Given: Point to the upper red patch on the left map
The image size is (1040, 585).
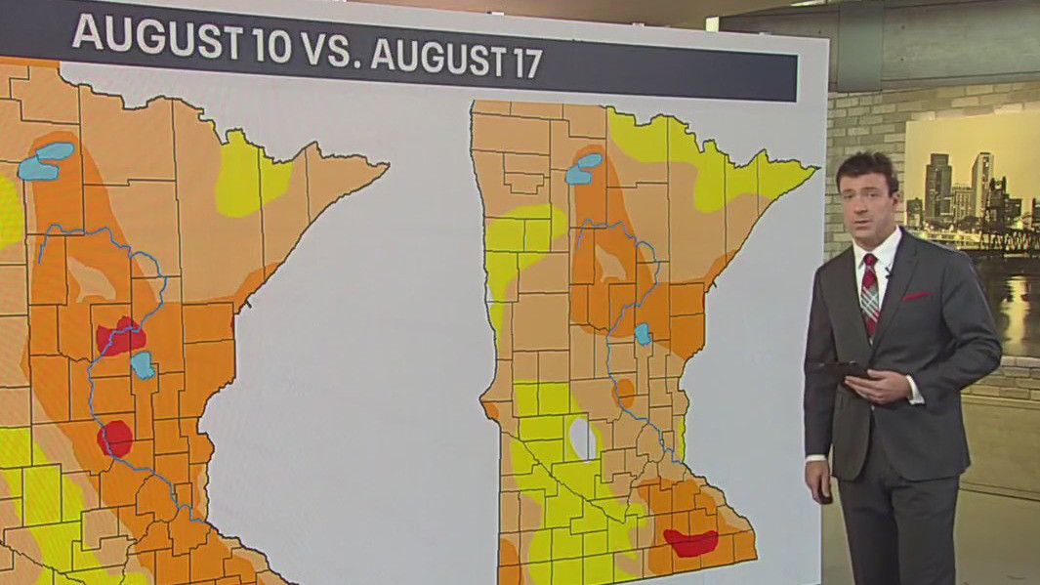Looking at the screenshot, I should (120, 335).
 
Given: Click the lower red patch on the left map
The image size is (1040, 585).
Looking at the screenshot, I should (115, 439).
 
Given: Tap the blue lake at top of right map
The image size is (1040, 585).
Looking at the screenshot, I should (584, 168).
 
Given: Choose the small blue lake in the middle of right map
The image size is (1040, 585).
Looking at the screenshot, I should (643, 334).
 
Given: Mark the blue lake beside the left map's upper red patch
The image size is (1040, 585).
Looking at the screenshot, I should (143, 365).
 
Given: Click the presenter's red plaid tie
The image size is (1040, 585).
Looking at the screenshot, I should (869, 293).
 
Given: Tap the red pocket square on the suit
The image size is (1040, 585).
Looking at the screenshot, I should (915, 294).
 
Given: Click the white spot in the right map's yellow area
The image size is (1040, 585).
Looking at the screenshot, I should (583, 439).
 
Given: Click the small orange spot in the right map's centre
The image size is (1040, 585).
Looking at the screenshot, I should (624, 392).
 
